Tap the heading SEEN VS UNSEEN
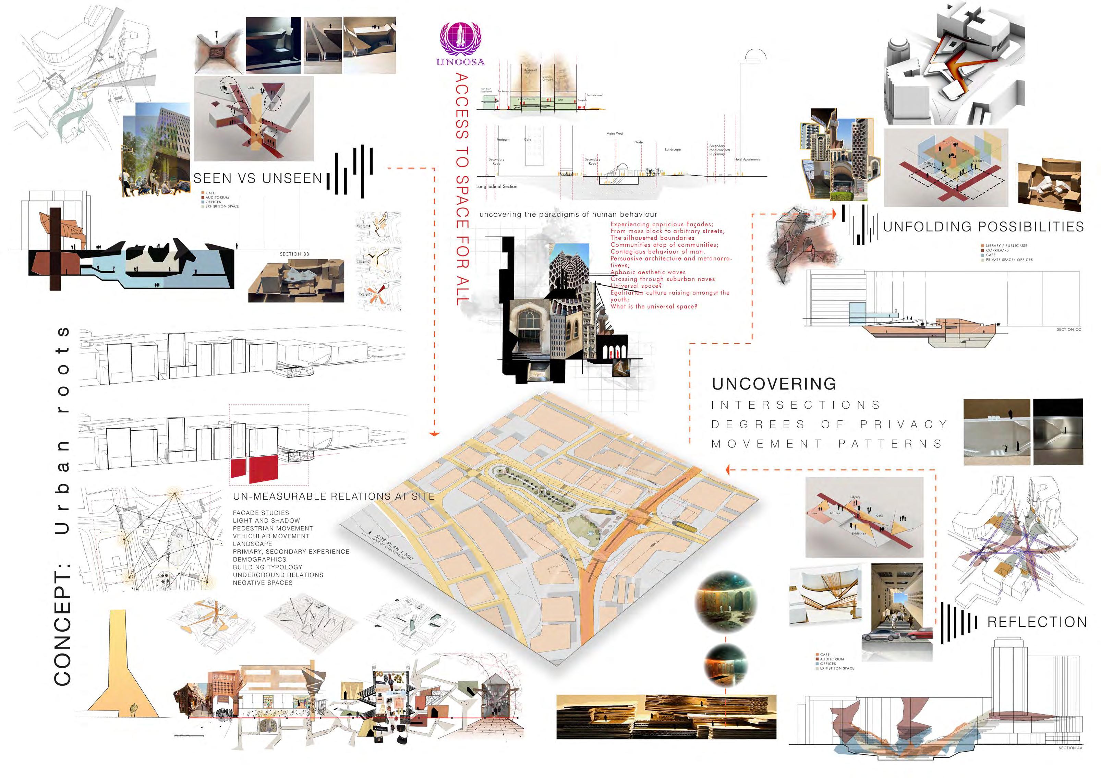[257, 178]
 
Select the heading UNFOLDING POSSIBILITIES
[983, 227]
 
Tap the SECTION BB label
[294, 254]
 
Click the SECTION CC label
[1069, 330]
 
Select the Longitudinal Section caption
[497, 187]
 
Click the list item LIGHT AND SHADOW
[266, 520]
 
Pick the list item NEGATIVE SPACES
[262, 583]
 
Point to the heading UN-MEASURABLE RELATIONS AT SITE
[333, 496]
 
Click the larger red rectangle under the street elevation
[263, 469]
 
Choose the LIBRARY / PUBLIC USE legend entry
[1006, 246]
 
